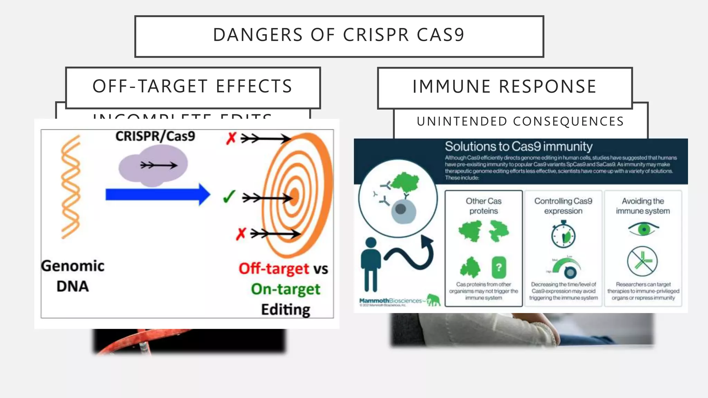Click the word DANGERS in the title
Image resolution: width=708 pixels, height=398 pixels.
(258, 35)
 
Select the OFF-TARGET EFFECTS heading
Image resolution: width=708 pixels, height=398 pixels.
(193, 86)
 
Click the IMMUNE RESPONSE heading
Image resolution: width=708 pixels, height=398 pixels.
(504, 86)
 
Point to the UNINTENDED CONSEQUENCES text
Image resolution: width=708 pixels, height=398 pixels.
(520, 122)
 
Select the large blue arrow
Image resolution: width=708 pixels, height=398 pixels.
(158, 195)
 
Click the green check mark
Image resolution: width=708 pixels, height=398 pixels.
(229, 197)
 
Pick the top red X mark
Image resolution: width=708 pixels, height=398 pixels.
(231, 138)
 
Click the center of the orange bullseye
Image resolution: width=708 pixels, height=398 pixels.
(294, 197)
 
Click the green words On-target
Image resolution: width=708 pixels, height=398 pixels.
(286, 289)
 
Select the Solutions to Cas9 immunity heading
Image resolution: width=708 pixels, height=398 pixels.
(518, 146)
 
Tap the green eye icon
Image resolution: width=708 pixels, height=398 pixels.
(643, 229)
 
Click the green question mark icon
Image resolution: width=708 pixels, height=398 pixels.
(499, 267)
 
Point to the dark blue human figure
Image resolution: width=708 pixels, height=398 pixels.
(371, 264)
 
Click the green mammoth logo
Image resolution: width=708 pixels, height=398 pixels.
(434, 300)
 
